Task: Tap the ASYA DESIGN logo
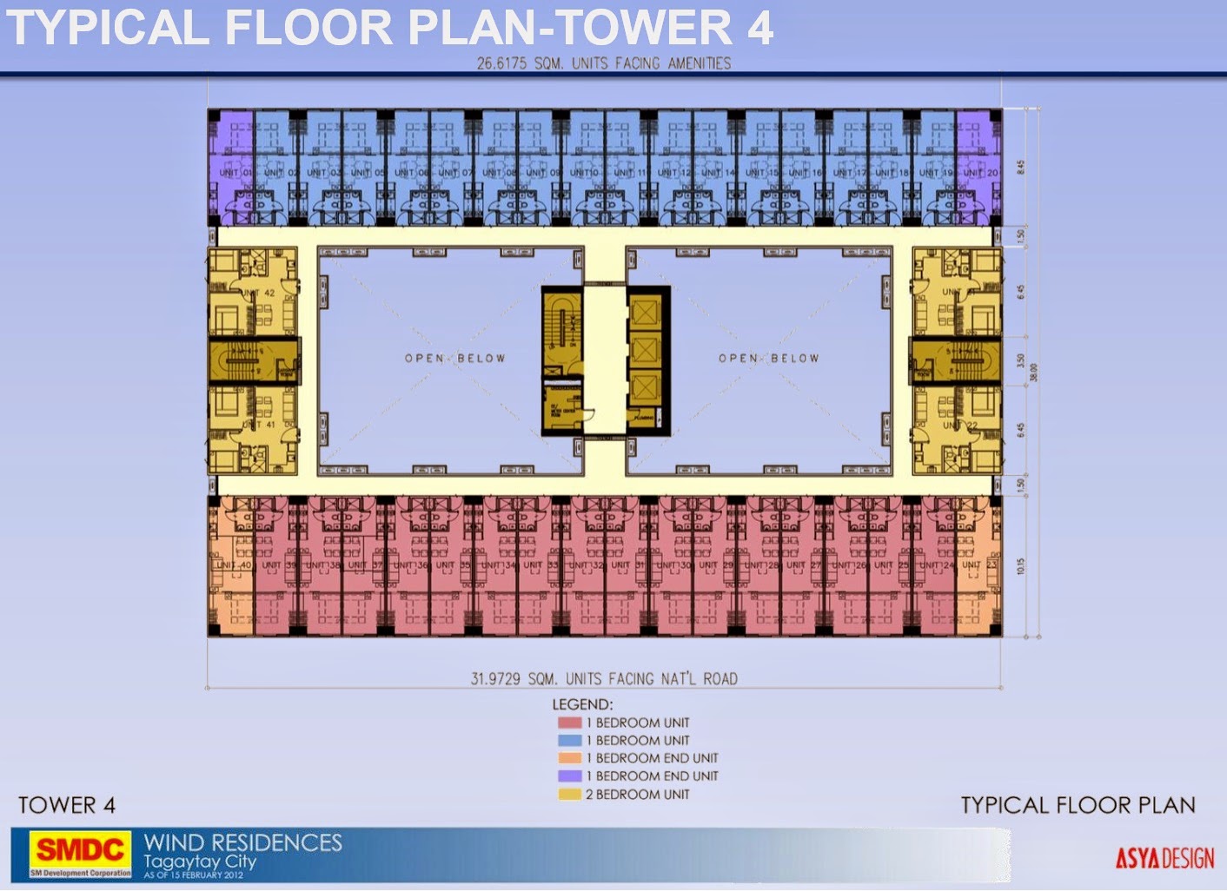point(1164,859)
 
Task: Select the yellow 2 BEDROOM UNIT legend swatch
point(569,794)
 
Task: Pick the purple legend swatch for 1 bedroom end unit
point(569,775)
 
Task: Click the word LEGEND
point(582,704)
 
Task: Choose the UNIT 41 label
point(260,424)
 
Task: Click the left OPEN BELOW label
point(454,358)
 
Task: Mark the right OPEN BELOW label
point(768,358)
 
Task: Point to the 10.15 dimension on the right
point(1021,565)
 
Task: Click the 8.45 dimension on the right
point(1021,166)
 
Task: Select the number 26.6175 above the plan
point(502,63)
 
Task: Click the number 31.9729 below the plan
point(496,678)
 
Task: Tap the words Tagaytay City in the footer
point(200,861)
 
